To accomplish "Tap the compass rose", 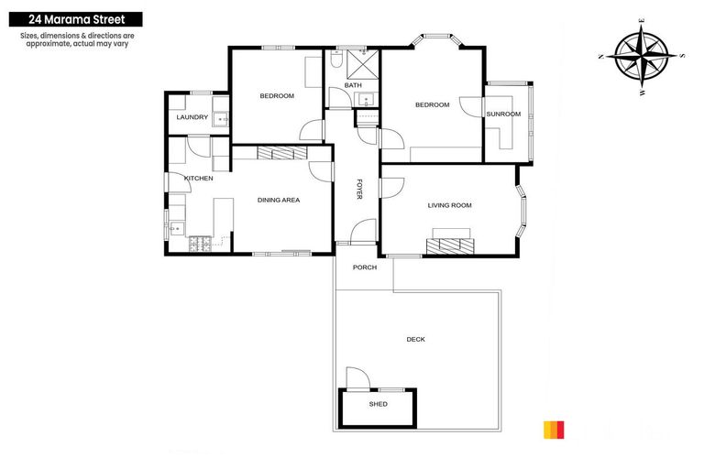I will (x=642, y=56).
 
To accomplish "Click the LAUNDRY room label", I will (x=192, y=117).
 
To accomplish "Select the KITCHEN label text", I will (x=198, y=178).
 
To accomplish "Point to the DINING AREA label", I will (x=279, y=200).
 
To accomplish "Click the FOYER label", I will (x=359, y=190).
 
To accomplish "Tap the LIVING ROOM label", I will (x=449, y=205).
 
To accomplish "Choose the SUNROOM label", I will (x=503, y=115).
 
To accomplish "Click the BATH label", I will (x=353, y=86).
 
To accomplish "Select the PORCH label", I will (x=365, y=267).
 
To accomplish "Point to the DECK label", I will (x=415, y=340).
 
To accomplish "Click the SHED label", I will (x=378, y=404).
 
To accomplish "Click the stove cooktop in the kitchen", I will (x=198, y=245).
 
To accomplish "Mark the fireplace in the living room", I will (x=449, y=245).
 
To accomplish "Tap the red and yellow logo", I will (x=555, y=429).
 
